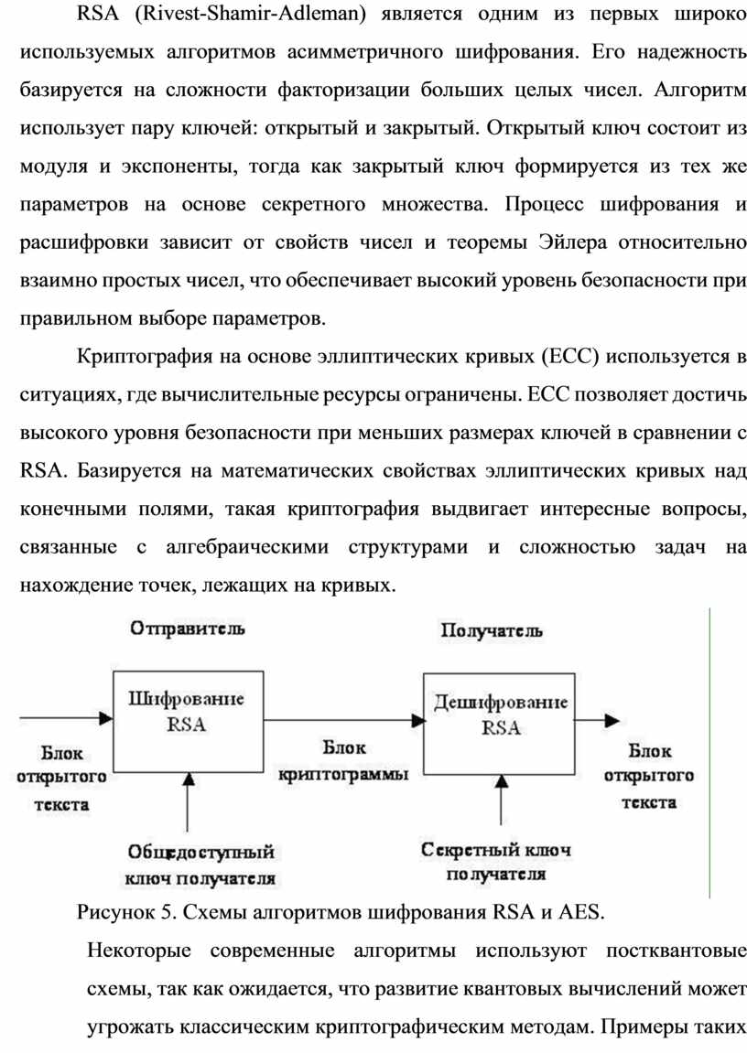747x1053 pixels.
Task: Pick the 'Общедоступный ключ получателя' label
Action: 200,865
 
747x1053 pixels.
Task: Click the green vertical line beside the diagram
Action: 711,750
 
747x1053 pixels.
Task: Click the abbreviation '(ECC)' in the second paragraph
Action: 574,355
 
